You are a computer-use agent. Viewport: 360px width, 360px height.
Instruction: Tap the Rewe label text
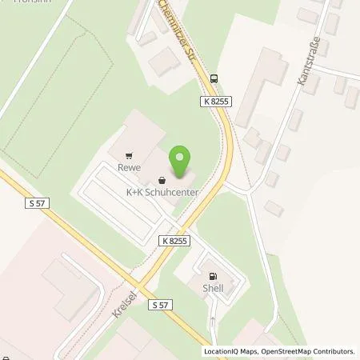[x=129, y=168]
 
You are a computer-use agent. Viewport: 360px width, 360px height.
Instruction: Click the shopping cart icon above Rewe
[x=129, y=156]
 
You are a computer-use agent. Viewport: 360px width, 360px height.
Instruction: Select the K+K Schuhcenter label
[x=162, y=192]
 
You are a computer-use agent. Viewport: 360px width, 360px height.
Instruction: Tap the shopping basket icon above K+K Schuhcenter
[x=162, y=180]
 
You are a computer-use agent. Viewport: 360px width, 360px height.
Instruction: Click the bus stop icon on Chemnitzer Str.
[x=214, y=78]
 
